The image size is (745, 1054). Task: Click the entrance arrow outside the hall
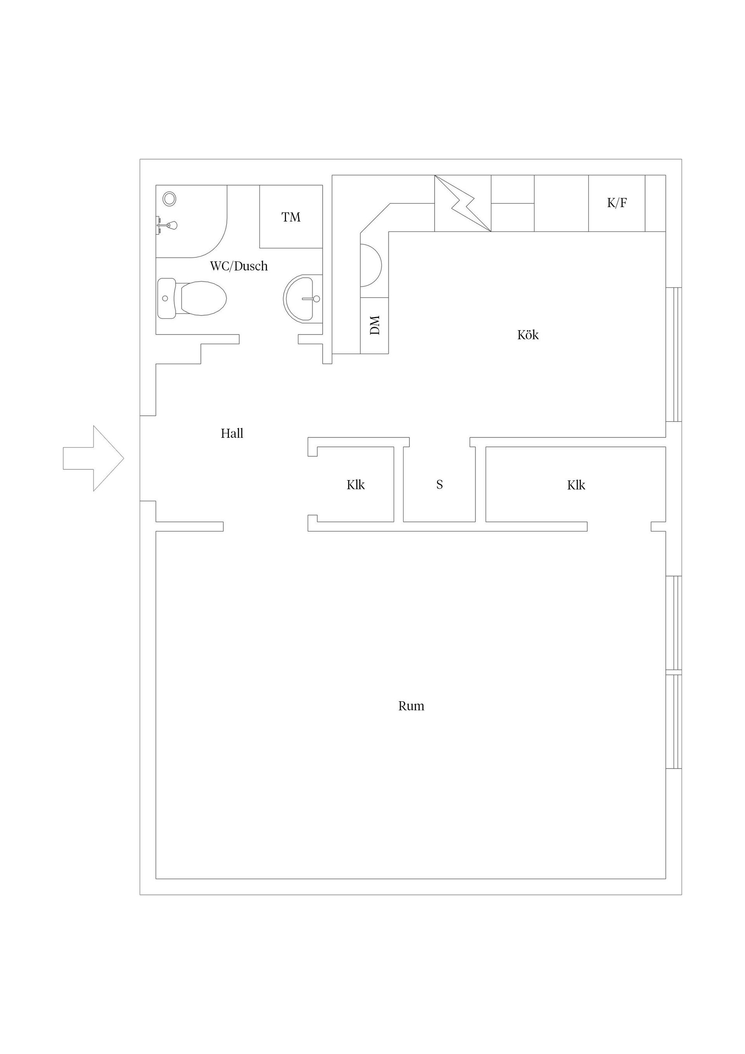(x=94, y=458)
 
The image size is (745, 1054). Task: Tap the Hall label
(x=232, y=433)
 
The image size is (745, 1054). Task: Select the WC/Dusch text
(x=239, y=266)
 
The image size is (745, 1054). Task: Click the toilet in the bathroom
(x=192, y=298)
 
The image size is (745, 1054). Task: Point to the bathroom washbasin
(x=303, y=299)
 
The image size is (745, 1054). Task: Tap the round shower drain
(x=170, y=198)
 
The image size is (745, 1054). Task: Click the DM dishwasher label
(x=375, y=325)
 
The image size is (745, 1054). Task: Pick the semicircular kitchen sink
(x=371, y=265)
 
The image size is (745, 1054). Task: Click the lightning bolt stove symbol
(x=463, y=203)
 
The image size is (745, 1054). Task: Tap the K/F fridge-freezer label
(x=617, y=203)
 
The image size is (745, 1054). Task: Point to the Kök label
(x=528, y=335)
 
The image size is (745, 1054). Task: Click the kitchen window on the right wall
(x=674, y=354)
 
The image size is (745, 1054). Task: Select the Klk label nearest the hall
(x=356, y=485)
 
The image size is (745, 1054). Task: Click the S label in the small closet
(x=440, y=485)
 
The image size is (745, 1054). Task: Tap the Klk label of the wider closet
(x=576, y=485)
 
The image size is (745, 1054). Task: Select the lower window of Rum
(x=674, y=721)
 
